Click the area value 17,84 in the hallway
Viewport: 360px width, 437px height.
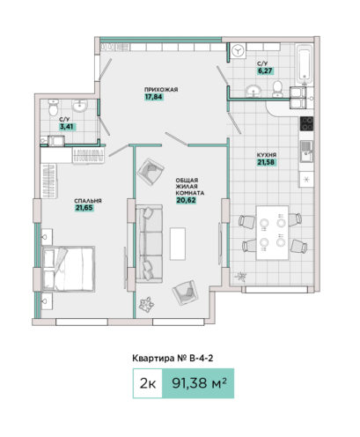(153, 97)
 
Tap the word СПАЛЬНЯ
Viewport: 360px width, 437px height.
(88, 201)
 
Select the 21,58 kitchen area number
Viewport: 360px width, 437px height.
(266, 162)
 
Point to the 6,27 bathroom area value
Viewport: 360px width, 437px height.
(265, 70)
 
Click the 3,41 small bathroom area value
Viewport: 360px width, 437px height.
(68, 127)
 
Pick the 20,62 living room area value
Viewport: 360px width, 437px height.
(186, 200)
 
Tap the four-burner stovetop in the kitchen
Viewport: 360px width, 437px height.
(306, 123)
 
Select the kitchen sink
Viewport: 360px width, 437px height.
(306, 152)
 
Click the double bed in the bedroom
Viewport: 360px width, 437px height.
(69, 269)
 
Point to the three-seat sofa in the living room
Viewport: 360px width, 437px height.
(150, 244)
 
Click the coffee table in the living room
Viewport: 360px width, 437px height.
(178, 244)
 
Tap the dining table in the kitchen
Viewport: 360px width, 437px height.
(272, 233)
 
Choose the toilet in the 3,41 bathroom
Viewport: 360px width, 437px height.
(54, 107)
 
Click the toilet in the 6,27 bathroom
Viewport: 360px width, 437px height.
(277, 89)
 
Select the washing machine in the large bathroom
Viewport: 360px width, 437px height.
(239, 51)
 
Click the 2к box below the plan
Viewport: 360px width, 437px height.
(148, 383)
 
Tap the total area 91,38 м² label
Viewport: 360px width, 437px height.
(198, 383)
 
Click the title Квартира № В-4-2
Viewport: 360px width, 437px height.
(173, 359)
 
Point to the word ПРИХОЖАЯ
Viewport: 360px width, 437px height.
(161, 89)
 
